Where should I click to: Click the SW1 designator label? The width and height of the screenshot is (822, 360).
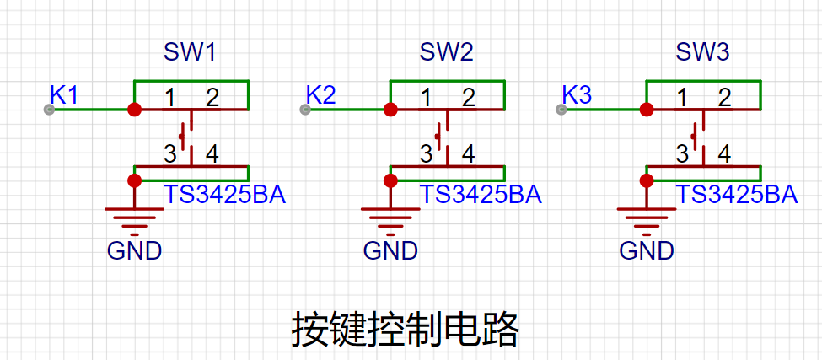(x=190, y=53)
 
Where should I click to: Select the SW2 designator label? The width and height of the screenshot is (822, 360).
(x=446, y=53)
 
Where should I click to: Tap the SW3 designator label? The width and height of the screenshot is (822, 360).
(x=702, y=53)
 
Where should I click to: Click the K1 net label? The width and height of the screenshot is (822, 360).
(x=64, y=95)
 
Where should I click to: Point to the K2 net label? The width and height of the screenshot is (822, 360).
(x=321, y=95)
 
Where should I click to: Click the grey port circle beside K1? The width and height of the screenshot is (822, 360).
(x=49, y=110)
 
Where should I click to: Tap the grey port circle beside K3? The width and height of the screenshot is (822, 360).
(x=561, y=110)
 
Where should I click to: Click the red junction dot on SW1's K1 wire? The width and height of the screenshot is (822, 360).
(x=135, y=110)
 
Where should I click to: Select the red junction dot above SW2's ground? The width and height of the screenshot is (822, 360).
(x=390, y=180)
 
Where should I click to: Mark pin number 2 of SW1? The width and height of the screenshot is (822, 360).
(x=212, y=98)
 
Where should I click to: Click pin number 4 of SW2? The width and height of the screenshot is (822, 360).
(x=469, y=154)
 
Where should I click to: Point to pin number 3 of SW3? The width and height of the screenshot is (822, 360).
(x=682, y=154)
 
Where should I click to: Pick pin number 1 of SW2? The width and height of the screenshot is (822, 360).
(x=427, y=98)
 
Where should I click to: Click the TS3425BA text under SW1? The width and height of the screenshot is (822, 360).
(x=225, y=195)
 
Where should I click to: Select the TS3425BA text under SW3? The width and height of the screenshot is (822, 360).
(x=737, y=195)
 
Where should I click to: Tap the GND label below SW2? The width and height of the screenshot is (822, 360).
(x=390, y=251)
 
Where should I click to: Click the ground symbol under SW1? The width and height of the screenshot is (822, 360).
(x=135, y=221)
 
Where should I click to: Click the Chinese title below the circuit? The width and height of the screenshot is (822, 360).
(x=405, y=330)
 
